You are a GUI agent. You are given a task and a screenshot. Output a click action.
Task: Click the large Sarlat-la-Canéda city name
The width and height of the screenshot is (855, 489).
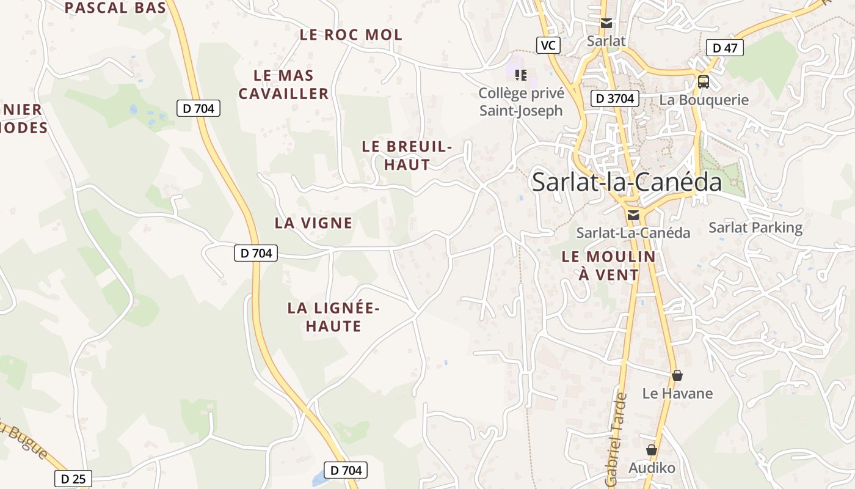click(627, 182)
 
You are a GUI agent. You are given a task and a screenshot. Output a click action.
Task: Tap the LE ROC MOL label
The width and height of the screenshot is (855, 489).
click(351, 35)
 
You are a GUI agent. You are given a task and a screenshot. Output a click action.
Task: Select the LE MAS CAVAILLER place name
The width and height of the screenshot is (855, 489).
click(284, 84)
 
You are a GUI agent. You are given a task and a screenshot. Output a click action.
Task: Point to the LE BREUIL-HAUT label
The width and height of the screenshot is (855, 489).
click(407, 155)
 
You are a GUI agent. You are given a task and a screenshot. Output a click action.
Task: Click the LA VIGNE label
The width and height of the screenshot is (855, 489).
click(313, 223)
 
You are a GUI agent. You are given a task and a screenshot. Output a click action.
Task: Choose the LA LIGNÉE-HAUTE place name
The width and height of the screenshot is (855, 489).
click(333, 317)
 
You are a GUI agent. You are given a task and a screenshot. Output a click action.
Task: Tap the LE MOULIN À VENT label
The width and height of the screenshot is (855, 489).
click(608, 265)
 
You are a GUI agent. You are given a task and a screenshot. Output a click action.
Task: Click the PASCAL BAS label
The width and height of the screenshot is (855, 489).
click(115, 8)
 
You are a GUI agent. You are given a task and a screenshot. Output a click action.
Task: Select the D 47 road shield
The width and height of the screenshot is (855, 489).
click(724, 48)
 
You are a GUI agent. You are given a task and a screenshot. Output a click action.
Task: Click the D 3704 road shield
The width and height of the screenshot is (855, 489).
click(615, 98)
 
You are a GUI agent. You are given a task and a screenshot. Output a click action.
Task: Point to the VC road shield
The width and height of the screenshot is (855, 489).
click(548, 45)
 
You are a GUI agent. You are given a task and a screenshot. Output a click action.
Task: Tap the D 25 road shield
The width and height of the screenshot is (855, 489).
click(74, 479)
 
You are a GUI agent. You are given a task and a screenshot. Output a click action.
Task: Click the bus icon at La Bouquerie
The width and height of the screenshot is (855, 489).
click(704, 81)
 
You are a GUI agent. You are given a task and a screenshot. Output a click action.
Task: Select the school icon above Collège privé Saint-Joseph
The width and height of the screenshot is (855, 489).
click(521, 75)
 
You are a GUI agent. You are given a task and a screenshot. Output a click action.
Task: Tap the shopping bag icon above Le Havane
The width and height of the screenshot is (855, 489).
click(677, 375)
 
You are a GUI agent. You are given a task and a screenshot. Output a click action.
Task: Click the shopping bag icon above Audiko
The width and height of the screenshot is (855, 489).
click(652, 450)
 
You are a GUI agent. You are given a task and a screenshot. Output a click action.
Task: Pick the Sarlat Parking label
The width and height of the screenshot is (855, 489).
click(755, 227)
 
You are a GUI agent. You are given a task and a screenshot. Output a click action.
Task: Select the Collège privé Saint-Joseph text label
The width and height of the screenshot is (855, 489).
click(521, 102)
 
